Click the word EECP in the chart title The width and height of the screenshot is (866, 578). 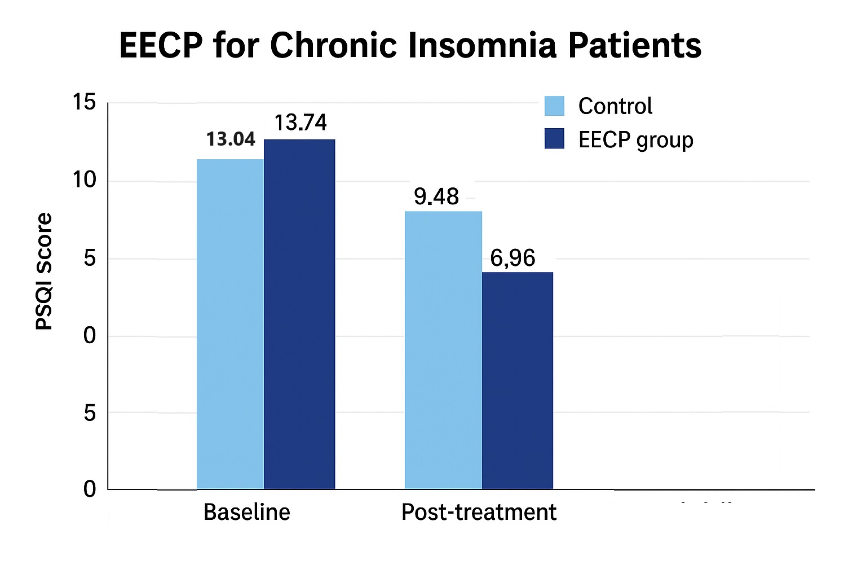tap(161, 45)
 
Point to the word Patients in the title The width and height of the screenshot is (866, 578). tap(634, 45)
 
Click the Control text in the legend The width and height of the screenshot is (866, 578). tap(615, 106)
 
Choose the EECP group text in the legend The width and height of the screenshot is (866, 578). tap(635, 140)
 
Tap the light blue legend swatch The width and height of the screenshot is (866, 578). tap(554, 106)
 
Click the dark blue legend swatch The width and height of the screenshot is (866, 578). tap(554, 139)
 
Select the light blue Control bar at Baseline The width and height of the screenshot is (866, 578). tap(230, 324)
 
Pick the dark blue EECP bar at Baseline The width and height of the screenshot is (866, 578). tap(299, 314)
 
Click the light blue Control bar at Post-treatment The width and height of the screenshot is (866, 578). tap(443, 350)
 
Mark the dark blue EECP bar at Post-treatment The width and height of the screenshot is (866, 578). tap(518, 380)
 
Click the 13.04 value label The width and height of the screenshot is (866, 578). tap(231, 139)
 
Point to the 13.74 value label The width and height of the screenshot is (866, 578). tap(301, 122)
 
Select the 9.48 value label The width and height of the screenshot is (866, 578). tap(436, 196)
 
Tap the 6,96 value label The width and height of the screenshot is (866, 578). tap(512, 258)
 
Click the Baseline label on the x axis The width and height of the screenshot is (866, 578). tap(247, 512)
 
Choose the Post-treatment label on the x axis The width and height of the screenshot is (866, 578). tap(479, 512)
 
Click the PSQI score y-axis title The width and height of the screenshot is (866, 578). tap(44, 271)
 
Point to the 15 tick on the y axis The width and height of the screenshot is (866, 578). tap(85, 102)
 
